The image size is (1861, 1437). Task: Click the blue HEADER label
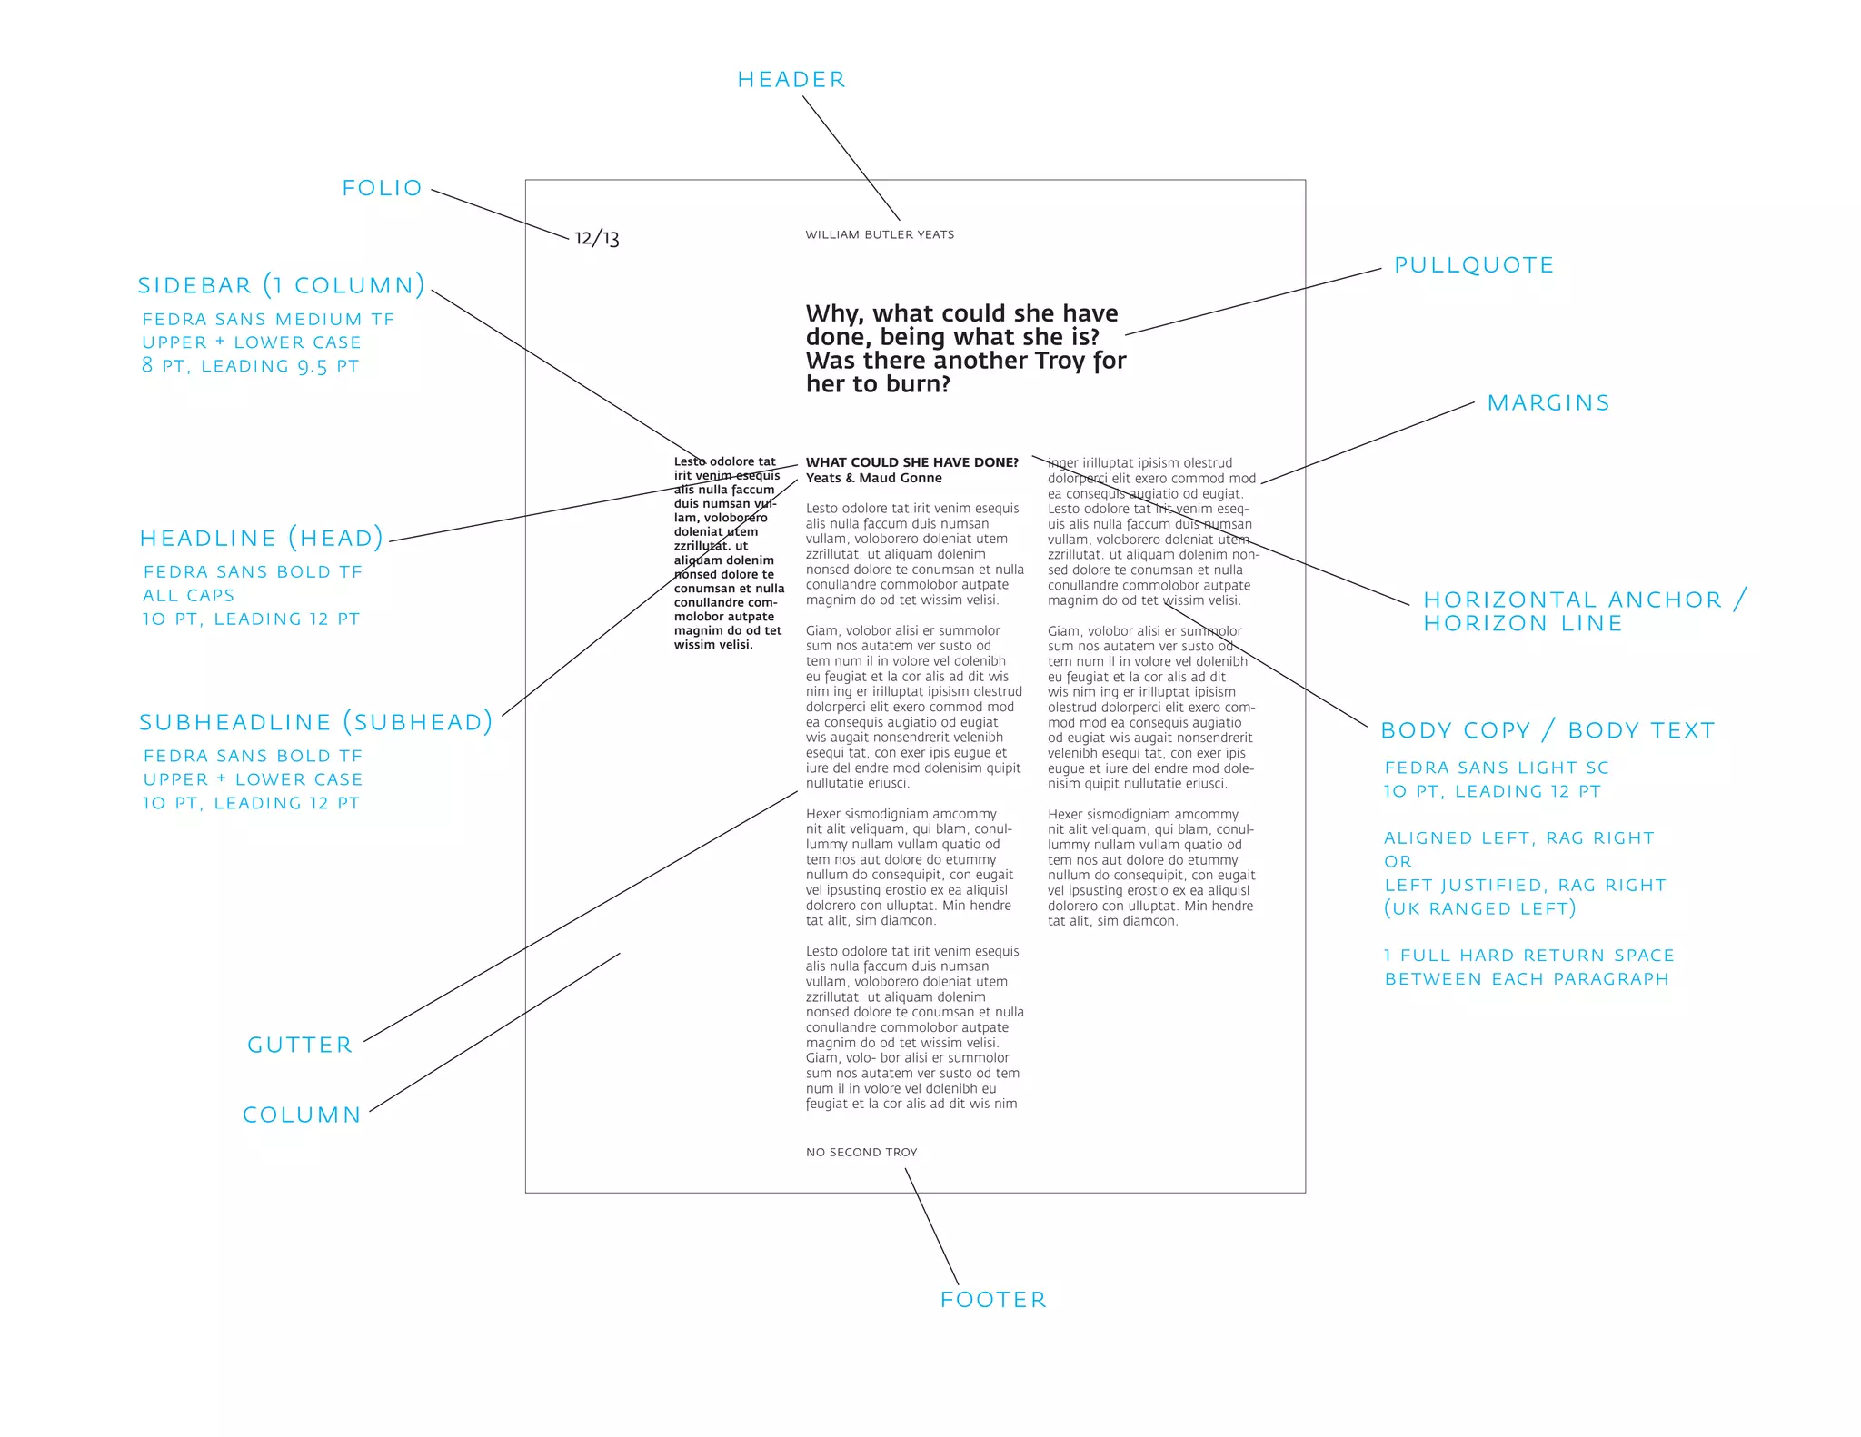pyautogui.click(x=791, y=80)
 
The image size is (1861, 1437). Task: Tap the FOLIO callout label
pyautogui.click(x=383, y=188)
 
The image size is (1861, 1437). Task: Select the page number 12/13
pyautogui.click(x=597, y=238)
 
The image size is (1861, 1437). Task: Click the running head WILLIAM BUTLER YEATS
pyautogui.click(x=880, y=234)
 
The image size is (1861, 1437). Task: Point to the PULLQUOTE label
pyautogui.click(x=1474, y=265)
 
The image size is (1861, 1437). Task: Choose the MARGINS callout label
pyautogui.click(x=1548, y=403)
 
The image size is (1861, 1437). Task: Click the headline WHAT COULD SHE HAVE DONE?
pyautogui.click(x=912, y=462)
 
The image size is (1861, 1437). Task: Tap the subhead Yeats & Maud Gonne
pyautogui.click(x=874, y=478)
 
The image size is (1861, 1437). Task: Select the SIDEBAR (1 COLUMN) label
pyautogui.click(x=282, y=285)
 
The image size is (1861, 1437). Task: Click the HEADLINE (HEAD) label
pyautogui.click(x=262, y=539)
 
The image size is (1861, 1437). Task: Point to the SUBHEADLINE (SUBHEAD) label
pyautogui.click(x=316, y=722)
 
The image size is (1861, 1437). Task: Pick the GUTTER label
pyautogui.click(x=300, y=1046)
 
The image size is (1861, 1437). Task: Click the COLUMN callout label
pyautogui.click(x=303, y=1115)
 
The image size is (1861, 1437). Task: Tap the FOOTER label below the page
pyautogui.click(x=993, y=1300)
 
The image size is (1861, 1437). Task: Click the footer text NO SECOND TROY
pyautogui.click(x=861, y=1153)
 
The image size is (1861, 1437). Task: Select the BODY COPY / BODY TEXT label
pyautogui.click(x=1548, y=730)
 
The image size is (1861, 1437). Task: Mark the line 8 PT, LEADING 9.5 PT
pyautogui.click(x=251, y=366)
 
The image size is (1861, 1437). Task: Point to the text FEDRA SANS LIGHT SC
pyautogui.click(x=1497, y=768)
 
